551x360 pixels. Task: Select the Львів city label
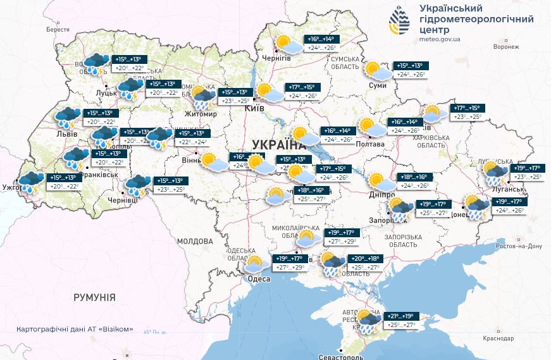coord(66,134)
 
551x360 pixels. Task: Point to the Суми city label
coord(378,85)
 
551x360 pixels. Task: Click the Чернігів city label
coord(277,58)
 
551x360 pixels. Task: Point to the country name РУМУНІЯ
coord(94,297)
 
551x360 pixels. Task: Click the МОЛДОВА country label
coord(195,242)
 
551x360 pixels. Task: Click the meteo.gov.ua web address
coord(440,39)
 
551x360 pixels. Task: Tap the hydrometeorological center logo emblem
coord(399,22)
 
